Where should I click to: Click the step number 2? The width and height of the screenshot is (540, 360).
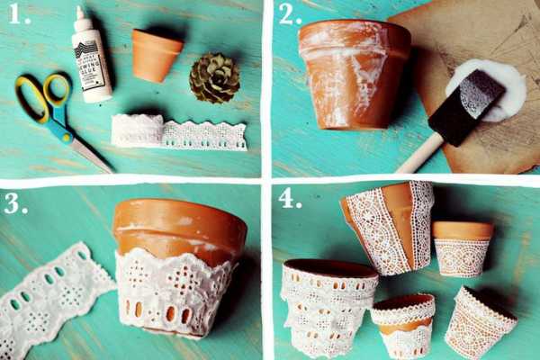tap(290, 15)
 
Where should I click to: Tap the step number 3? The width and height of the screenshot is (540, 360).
tap(15, 203)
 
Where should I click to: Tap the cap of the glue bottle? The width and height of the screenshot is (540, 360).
tap(84, 20)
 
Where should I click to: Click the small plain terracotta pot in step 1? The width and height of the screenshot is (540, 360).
tap(156, 54)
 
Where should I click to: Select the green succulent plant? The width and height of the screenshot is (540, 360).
tap(214, 78)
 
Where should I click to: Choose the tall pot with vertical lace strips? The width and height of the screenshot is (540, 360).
tap(389, 225)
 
